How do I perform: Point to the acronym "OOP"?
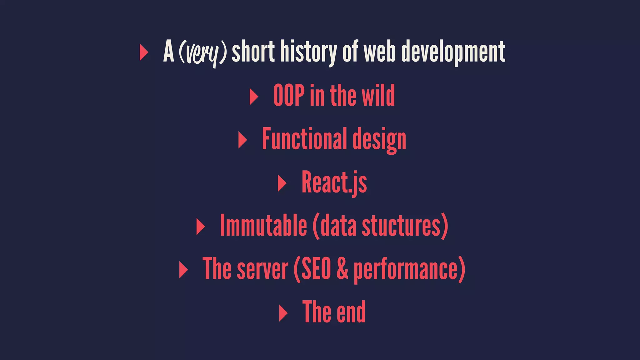(289, 96)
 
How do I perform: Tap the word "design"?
(379, 140)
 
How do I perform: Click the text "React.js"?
(334, 183)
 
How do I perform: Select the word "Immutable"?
(263, 226)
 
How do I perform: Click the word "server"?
(262, 269)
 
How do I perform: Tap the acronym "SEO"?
(316, 269)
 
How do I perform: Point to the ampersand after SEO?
(342, 269)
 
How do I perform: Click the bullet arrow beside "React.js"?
(282, 183)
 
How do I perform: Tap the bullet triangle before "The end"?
(283, 313)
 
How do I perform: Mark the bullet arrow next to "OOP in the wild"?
(253, 97)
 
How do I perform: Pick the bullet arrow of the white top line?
(143, 52)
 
